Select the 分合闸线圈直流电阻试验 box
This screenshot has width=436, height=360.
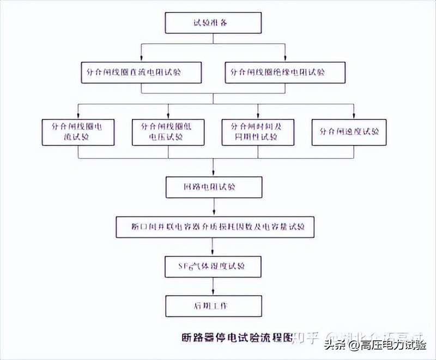click(x=141, y=71)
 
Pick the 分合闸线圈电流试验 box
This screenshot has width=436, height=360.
click(x=77, y=131)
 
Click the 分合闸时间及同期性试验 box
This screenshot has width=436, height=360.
click(x=258, y=131)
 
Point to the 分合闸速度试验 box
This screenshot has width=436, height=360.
click(x=349, y=131)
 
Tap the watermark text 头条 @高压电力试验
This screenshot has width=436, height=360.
click(x=376, y=345)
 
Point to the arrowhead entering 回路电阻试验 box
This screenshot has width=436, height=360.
click(x=214, y=175)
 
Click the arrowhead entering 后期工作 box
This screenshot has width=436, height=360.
click(x=214, y=293)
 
